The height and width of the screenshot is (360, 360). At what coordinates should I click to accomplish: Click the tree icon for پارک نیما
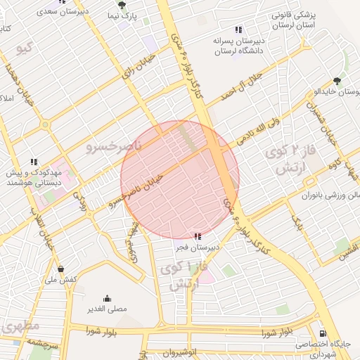[122, 5]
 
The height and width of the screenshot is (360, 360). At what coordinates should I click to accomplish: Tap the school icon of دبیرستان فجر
[198, 236]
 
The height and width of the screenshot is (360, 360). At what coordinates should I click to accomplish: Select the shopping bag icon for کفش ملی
[61, 269]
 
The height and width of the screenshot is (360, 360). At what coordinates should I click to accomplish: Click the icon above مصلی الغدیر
[107, 298]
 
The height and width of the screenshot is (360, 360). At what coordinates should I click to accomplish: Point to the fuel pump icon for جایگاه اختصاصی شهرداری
[322, 333]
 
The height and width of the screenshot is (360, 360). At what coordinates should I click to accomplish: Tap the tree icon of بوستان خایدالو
[337, 81]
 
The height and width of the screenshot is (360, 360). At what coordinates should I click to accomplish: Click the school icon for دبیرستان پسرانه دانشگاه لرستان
[238, 30]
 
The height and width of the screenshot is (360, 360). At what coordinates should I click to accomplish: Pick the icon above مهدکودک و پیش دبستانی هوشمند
[34, 161]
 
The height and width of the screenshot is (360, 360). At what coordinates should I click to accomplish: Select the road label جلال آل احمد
[241, 85]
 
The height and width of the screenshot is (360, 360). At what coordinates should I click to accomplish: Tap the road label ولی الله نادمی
[259, 130]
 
